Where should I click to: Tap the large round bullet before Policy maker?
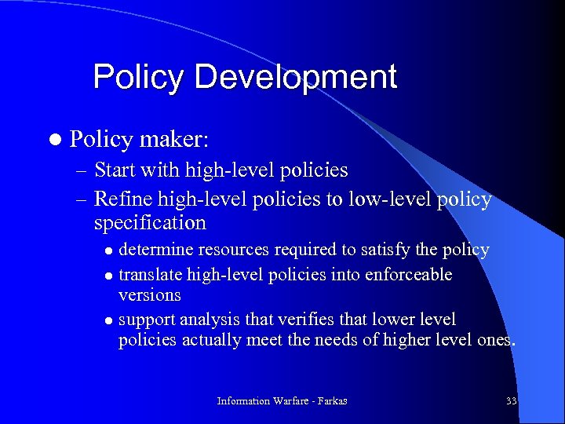click(53, 140)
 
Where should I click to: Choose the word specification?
click(150, 223)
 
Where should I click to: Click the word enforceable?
click(402, 275)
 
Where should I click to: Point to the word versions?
click(149, 295)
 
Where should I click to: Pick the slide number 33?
click(511, 401)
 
